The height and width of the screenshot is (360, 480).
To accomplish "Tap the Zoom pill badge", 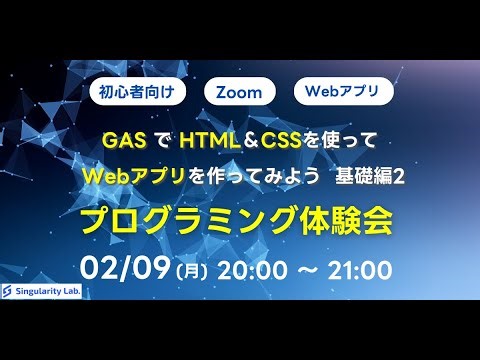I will coord(239,92).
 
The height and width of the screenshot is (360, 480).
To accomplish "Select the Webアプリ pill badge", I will coord(343,92).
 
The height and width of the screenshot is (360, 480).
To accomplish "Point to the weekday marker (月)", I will coord(190,271).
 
